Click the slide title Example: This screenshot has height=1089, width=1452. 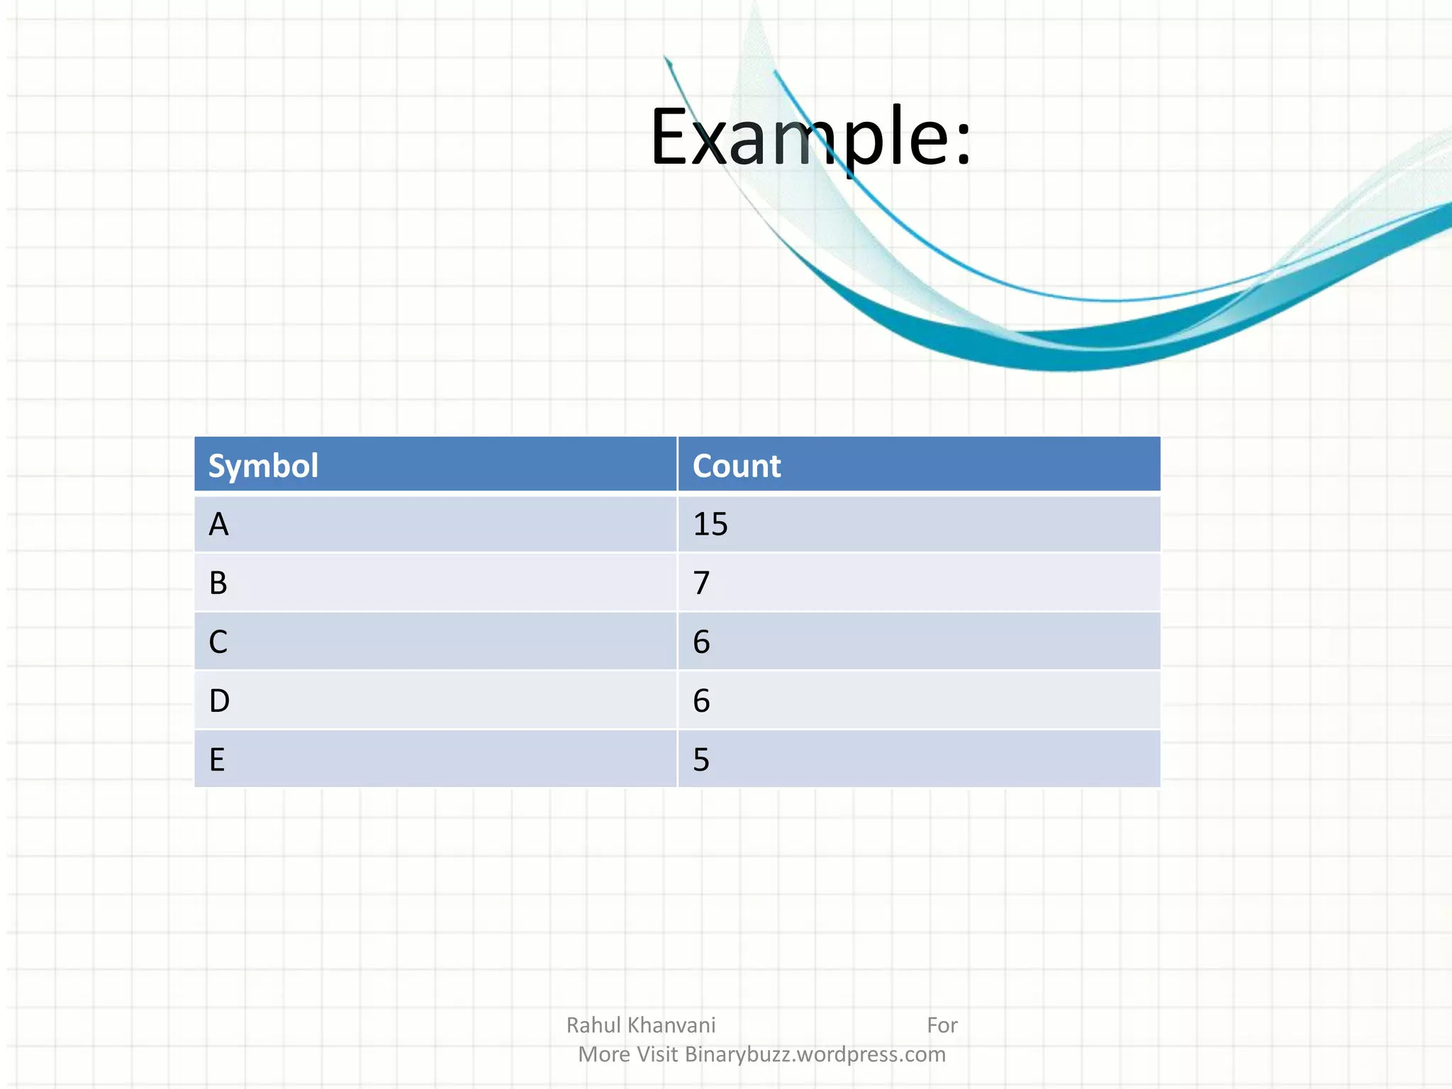tap(810, 136)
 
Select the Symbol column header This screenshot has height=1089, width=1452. tap(263, 466)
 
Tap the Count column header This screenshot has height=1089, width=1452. tap(736, 466)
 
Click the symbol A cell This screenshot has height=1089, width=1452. tap(218, 525)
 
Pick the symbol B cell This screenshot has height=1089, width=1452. tap(218, 583)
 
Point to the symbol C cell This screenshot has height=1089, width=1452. tap(218, 642)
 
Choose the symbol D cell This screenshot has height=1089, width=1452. tap(219, 700)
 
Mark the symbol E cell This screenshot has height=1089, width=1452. tap(217, 759)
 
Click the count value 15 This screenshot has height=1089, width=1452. tap(710, 525)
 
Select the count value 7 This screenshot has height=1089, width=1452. tap(701, 583)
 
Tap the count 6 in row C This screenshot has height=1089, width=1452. tap(701, 642)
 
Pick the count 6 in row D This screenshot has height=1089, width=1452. tap(701, 700)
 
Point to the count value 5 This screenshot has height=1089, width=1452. tap(701, 759)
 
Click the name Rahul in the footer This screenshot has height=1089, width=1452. tap(593, 1025)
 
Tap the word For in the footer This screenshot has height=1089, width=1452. tap(942, 1025)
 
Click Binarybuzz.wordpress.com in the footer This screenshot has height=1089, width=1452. tap(815, 1054)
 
